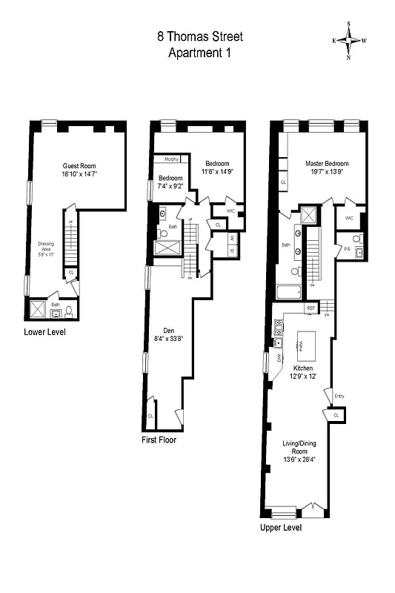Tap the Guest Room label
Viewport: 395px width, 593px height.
tap(79, 165)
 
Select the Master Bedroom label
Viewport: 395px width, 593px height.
tap(327, 163)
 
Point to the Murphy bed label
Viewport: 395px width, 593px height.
tap(170, 159)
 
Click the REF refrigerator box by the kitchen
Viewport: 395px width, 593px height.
tap(312, 308)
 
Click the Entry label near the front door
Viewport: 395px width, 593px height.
tap(339, 397)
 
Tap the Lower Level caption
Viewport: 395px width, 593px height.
tap(44, 332)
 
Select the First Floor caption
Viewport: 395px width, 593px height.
tap(159, 440)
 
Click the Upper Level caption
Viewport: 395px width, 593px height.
tap(280, 529)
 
